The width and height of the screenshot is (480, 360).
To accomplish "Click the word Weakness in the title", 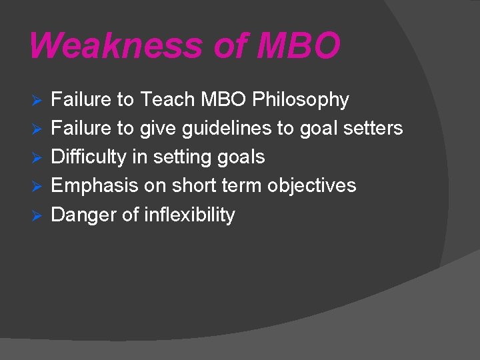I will [115, 45].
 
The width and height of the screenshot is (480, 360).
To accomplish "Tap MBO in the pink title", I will [298, 45].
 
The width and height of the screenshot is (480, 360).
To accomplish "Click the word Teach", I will [165, 100].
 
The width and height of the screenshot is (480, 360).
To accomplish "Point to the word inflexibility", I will [189, 215].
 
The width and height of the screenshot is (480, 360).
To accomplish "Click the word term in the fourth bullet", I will [243, 185].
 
